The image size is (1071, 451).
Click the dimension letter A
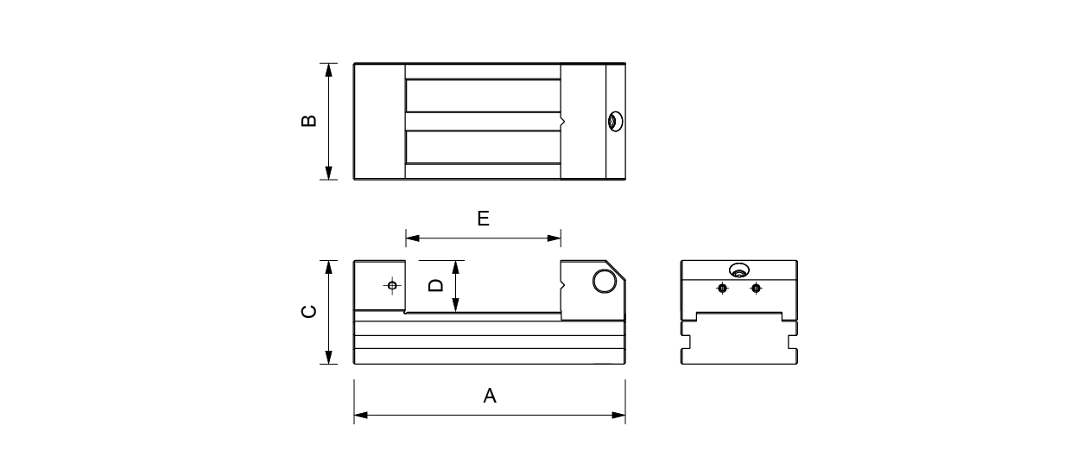point(490,396)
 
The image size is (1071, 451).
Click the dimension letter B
point(309,120)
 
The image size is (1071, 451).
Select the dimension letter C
point(309,312)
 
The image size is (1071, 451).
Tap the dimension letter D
point(435,285)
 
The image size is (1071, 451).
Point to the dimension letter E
point(484,219)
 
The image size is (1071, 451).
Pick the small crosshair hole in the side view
point(392,285)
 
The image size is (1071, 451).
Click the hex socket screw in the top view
point(615,122)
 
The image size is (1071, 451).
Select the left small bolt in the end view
point(722,289)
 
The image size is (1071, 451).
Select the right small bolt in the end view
point(756,289)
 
